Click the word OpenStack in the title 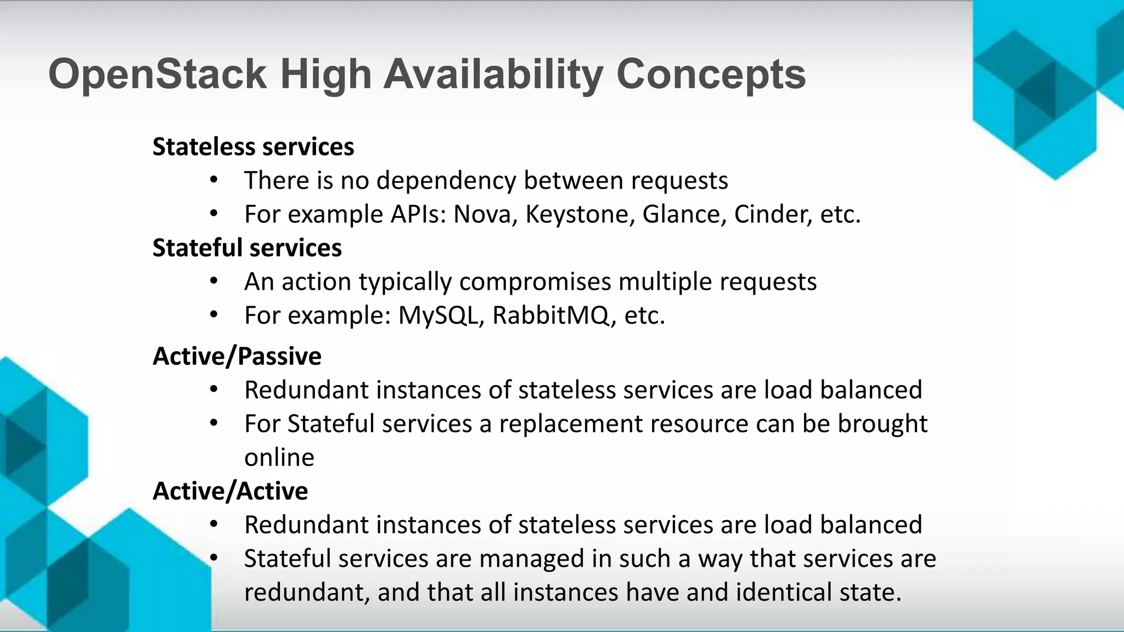click(157, 74)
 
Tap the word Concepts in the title click(711, 74)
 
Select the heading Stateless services click(253, 147)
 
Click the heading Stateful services click(247, 248)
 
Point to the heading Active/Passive click(237, 357)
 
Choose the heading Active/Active click(230, 491)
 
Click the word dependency click(446, 180)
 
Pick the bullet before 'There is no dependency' click(214, 180)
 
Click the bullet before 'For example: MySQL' click(214, 315)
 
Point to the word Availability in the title click(493, 74)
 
